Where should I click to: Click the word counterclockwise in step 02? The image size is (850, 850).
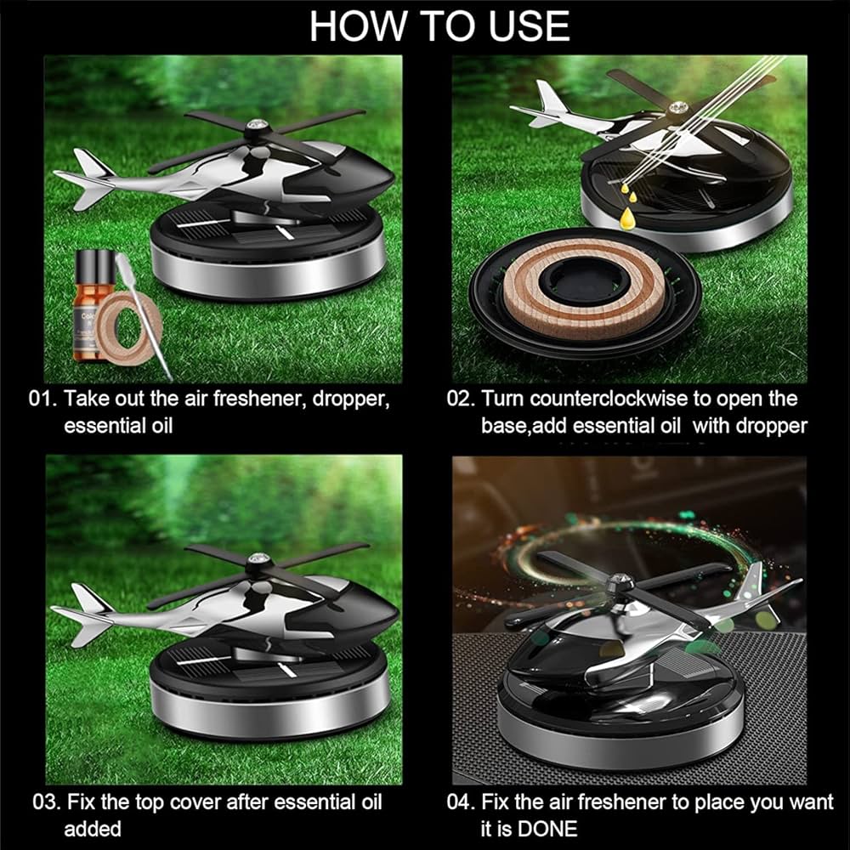pyautogui.click(x=603, y=399)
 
